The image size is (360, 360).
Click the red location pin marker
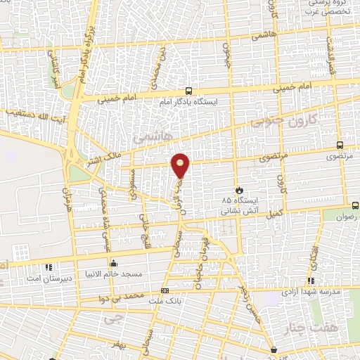[x=181, y=165]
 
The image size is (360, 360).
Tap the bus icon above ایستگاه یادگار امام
[x=188, y=91]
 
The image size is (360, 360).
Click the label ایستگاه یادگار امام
[x=188, y=102]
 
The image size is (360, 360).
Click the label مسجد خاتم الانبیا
[x=114, y=274]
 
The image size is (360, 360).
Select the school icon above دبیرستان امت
[x=49, y=267]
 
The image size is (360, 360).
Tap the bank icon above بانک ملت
[x=165, y=290]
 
